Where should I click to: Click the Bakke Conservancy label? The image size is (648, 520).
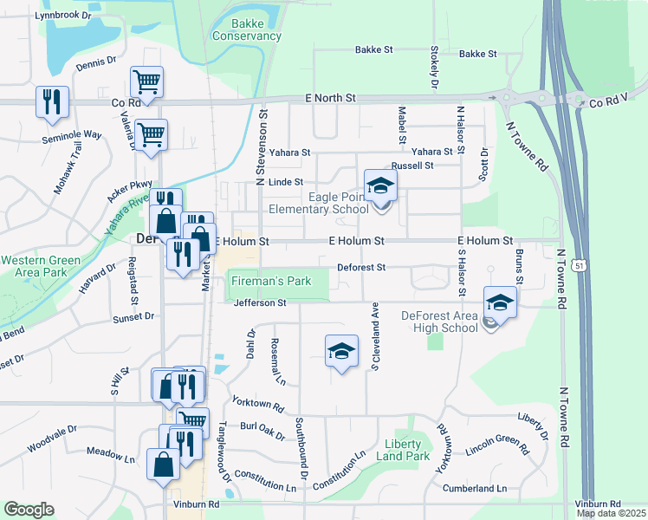(x=247, y=29)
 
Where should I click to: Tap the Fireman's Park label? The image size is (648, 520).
(x=270, y=282)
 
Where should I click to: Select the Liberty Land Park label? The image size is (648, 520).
(x=407, y=450)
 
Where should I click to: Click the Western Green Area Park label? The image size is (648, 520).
(x=41, y=266)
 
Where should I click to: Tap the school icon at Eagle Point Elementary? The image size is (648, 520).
(x=379, y=185)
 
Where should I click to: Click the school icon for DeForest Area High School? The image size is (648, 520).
(x=500, y=302)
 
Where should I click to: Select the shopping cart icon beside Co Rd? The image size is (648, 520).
(x=146, y=82)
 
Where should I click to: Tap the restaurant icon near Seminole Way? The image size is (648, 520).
(x=52, y=101)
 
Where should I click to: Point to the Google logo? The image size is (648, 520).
(x=29, y=510)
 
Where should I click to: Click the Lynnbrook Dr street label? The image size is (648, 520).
(x=62, y=15)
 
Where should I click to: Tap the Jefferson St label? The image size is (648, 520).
(x=260, y=303)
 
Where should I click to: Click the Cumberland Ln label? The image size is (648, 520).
(x=475, y=489)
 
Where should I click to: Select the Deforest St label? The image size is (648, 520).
(x=361, y=268)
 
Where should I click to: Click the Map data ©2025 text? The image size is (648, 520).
(x=612, y=513)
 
